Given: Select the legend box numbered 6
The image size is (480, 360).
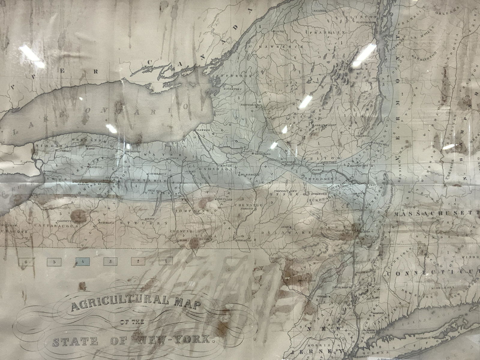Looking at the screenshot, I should tap(26, 262).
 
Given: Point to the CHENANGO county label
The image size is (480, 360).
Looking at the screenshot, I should tap(248, 205).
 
